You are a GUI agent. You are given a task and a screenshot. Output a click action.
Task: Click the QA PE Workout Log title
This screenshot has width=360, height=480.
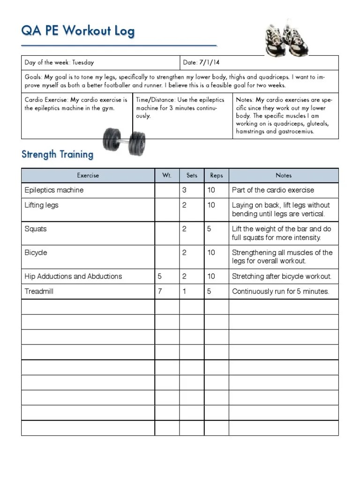pos(78,31)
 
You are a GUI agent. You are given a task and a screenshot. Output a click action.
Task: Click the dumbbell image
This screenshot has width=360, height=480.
pos(124,140)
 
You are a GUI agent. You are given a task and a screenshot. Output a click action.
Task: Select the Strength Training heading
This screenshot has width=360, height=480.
pos(57,154)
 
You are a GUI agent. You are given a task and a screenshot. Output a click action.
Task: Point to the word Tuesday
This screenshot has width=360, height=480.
pos(83,62)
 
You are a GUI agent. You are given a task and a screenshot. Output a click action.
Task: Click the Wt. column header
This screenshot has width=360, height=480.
pos(166,175)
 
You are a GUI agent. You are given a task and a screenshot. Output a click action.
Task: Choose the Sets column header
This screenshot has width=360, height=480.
pos(192,175)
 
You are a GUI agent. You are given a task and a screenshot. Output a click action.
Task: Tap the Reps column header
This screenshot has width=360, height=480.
pos(217,175)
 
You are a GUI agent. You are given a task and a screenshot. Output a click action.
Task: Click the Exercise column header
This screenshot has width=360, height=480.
pos(88,175)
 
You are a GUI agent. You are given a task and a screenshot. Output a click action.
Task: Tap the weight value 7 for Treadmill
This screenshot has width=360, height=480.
pos(160,292)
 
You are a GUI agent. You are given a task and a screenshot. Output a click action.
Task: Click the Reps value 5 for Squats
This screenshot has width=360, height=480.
pos(209,229)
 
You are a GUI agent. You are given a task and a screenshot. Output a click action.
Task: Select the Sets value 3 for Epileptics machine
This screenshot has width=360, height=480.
pos(184,190)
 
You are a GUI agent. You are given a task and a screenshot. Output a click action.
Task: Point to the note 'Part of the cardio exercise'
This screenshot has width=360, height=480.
pos(273,190)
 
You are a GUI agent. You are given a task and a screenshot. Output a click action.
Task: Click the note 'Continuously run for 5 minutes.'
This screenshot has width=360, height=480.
pos(280,292)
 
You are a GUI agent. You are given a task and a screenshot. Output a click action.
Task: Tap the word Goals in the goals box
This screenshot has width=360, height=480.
pos(33,77)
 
